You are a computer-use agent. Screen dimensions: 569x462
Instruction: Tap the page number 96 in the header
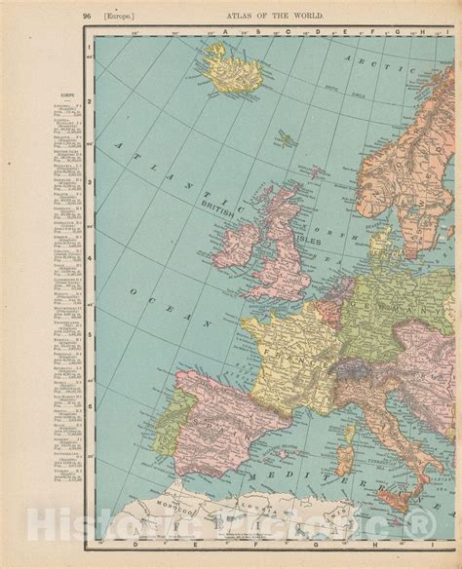point(87,15)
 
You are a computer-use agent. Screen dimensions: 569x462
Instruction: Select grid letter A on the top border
point(224,31)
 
